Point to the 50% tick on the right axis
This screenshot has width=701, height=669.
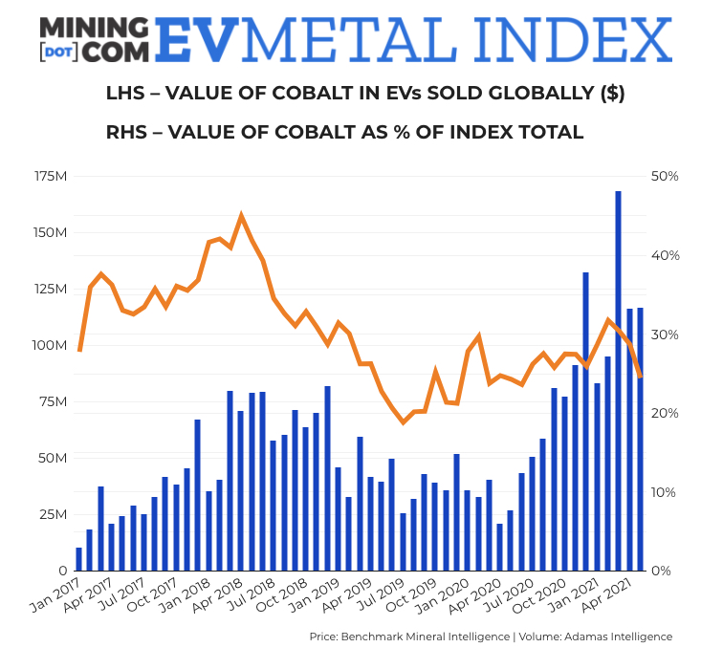coord(665,177)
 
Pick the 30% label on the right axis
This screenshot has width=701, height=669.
coord(665,334)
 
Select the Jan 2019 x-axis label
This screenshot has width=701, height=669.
coord(322,596)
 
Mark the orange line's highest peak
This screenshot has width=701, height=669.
coord(241,216)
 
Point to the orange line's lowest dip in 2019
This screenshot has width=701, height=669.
coord(403,421)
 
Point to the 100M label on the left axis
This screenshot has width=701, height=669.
coord(48,345)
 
